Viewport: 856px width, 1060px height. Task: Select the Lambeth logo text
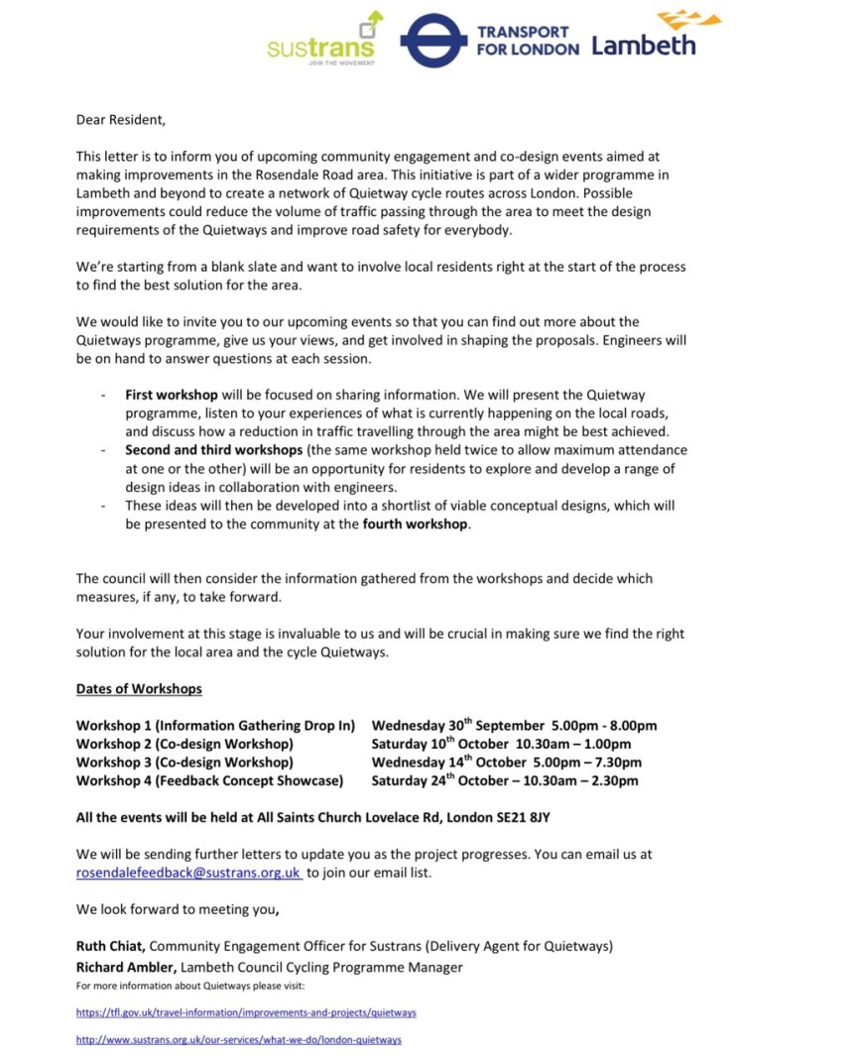click(x=643, y=45)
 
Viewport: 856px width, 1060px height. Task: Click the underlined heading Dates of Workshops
click(x=139, y=688)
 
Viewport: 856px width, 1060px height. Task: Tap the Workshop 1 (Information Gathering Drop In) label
click(x=215, y=726)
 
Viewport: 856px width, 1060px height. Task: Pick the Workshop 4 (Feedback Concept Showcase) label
click(x=209, y=780)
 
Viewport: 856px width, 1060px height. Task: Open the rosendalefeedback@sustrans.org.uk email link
click(x=188, y=873)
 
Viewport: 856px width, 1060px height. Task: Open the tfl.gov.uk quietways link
click(x=246, y=1012)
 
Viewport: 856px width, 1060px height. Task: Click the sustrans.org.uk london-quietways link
click(x=238, y=1040)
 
